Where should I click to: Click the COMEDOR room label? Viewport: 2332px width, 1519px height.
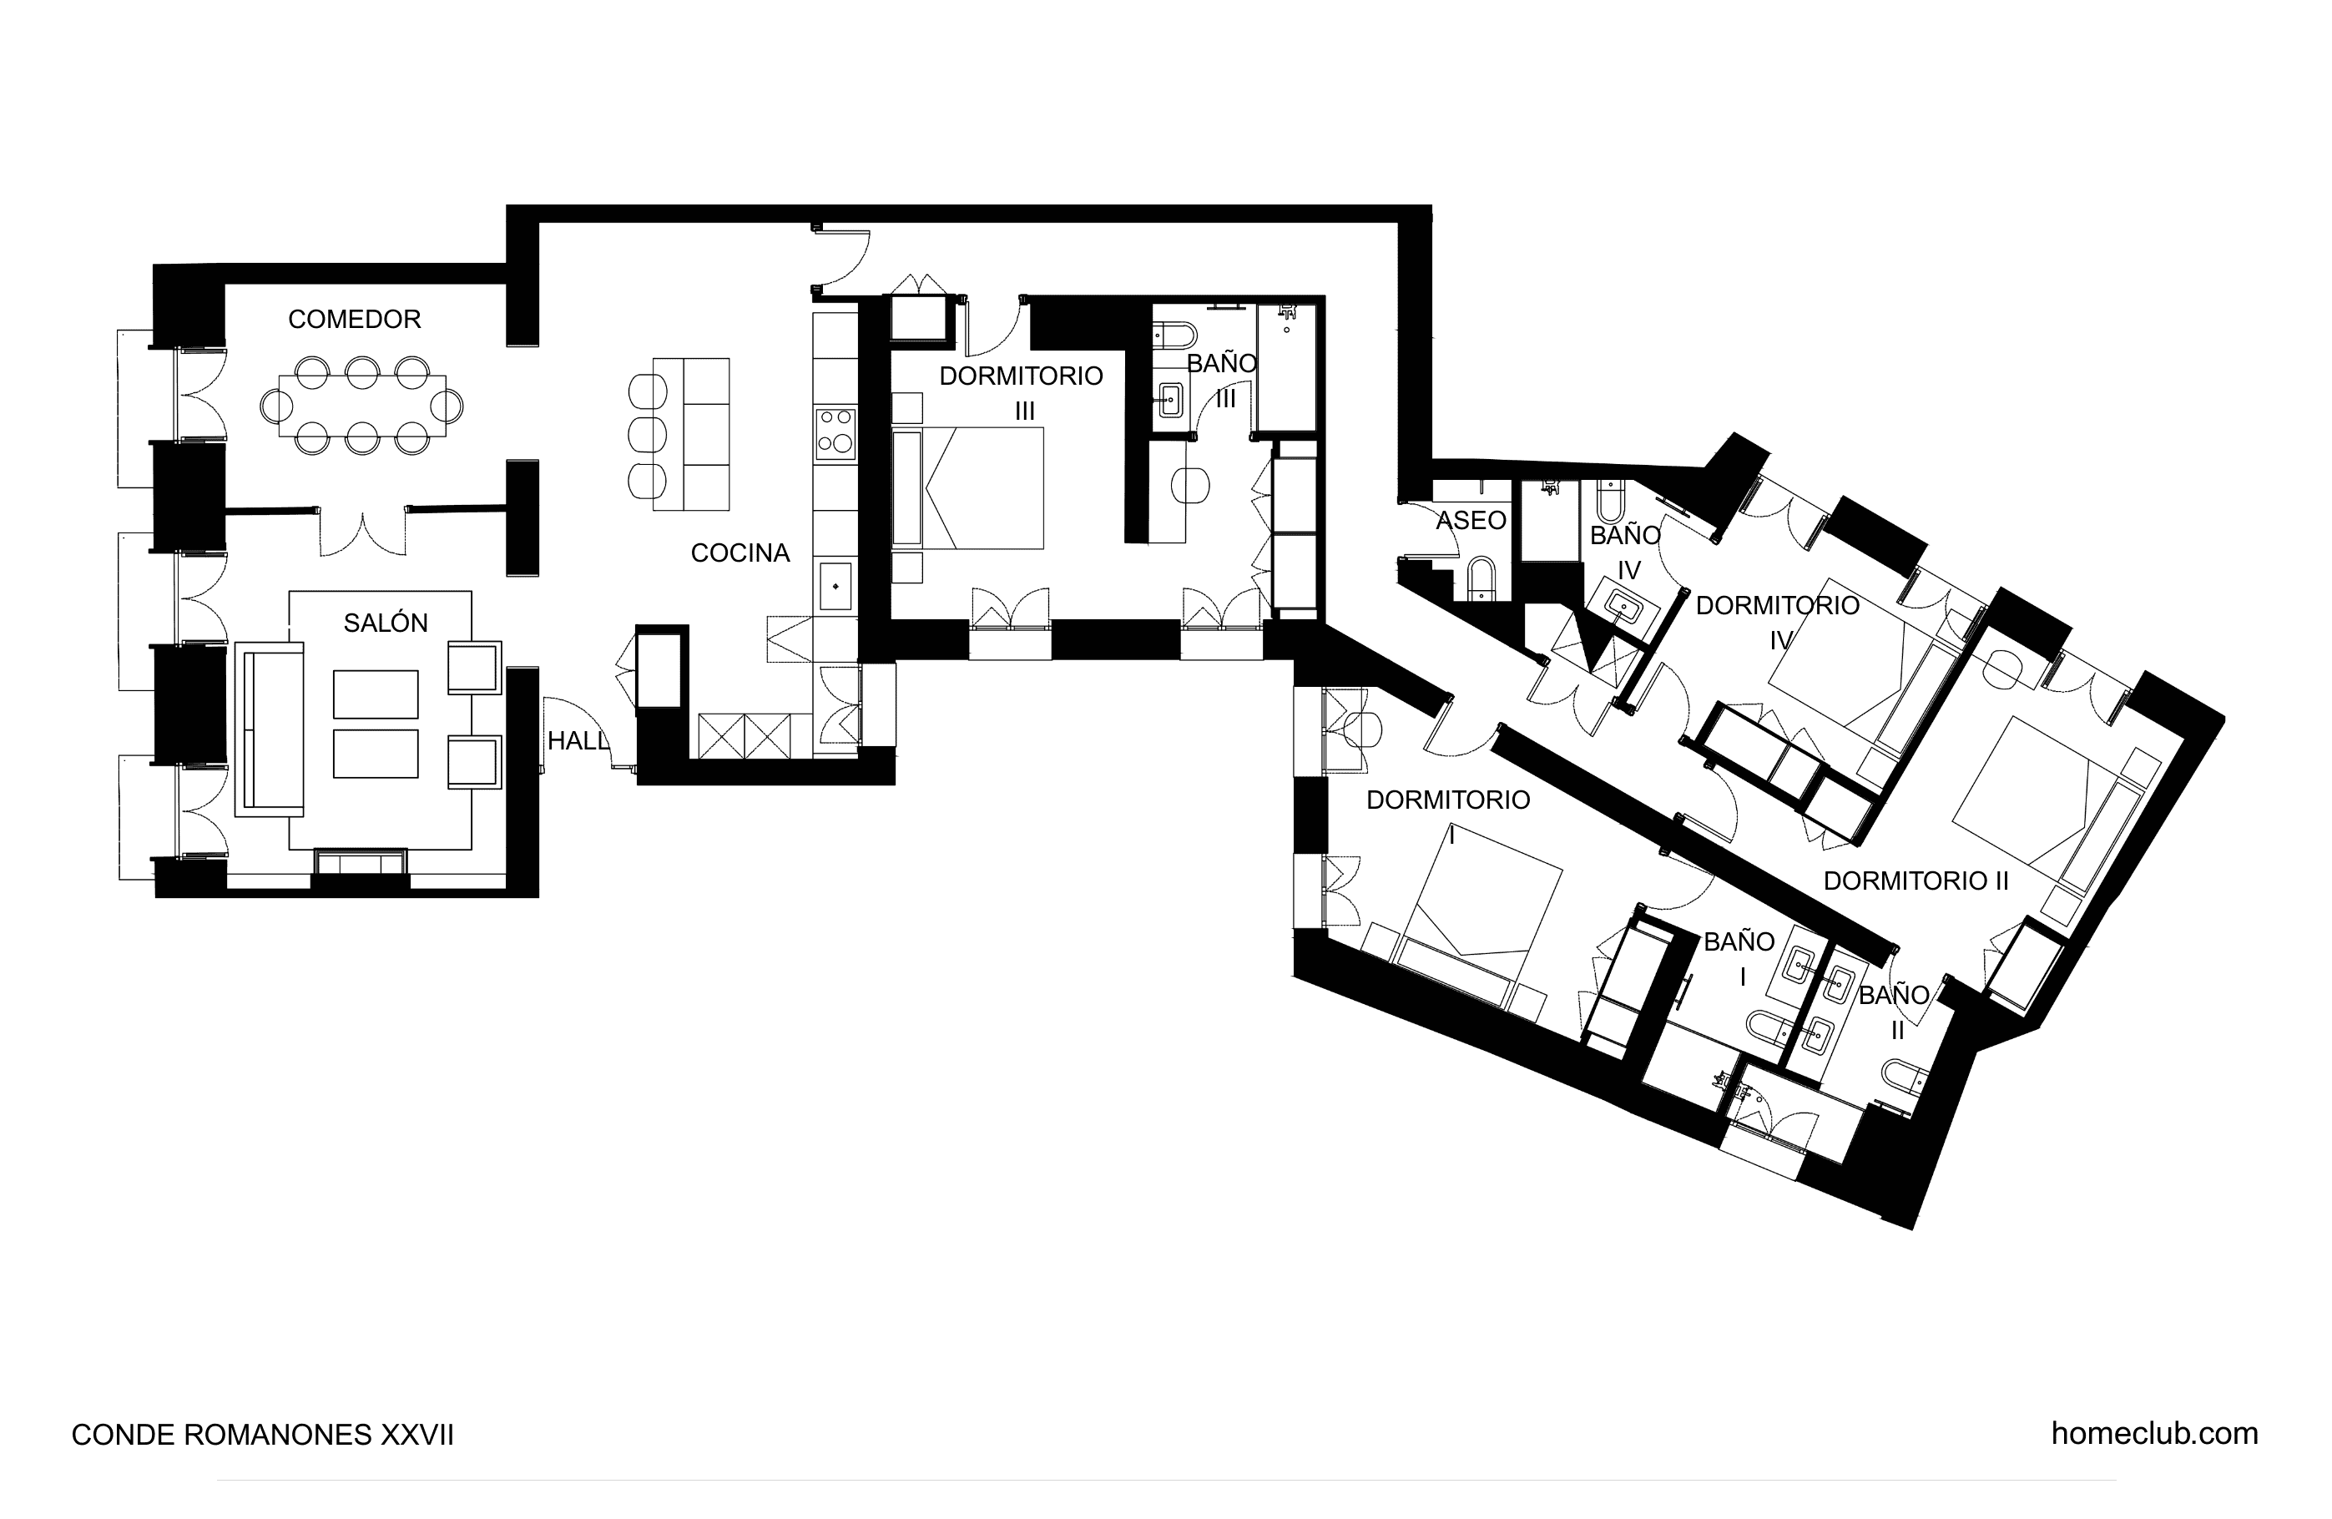[354, 319]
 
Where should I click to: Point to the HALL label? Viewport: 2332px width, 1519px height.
[578, 741]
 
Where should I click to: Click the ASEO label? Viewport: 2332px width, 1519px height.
[1471, 519]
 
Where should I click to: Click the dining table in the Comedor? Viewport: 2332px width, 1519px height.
[362, 406]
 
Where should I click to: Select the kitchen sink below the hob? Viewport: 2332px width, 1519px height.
[835, 585]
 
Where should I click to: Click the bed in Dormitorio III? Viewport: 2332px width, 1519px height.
[967, 488]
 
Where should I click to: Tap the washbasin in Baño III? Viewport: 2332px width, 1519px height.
[1171, 398]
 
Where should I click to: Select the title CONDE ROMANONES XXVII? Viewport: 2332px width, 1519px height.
[263, 1435]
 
